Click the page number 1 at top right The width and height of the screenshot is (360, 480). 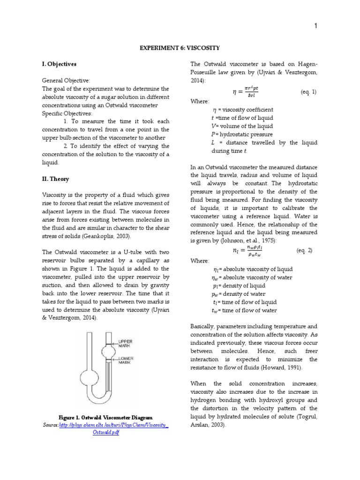pos(316,26)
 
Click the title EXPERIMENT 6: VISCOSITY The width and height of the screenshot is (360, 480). pos(180,48)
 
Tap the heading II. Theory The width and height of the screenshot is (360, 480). pos(56,179)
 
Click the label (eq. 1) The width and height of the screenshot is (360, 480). pos(308,92)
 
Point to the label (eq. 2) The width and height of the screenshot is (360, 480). pos(305,251)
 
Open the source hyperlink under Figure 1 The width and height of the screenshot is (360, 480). pos(113,425)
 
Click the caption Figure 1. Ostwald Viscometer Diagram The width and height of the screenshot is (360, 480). pos(105,417)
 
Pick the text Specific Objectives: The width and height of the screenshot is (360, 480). pos(67,113)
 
